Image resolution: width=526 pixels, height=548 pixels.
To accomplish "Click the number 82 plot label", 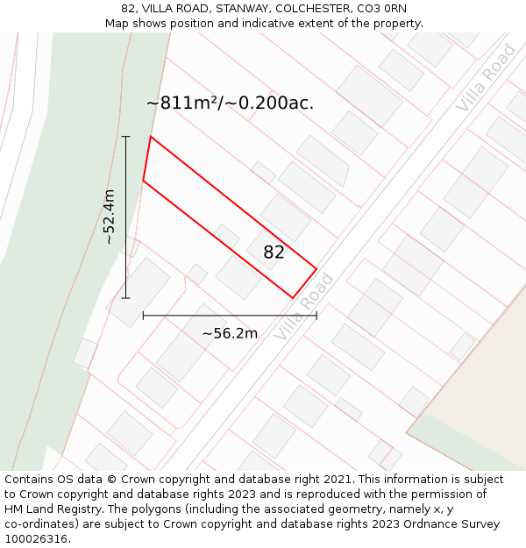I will [274, 253].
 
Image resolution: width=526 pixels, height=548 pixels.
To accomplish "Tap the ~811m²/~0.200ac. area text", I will [230, 103].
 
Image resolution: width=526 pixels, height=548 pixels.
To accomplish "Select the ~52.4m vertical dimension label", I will [109, 217].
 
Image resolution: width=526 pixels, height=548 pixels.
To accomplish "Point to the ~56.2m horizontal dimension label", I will [230, 333].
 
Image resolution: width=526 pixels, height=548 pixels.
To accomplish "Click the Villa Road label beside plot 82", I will [304, 307].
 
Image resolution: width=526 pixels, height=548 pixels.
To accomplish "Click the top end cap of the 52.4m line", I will [125, 137].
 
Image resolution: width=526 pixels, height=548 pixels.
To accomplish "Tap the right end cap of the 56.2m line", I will [316, 316].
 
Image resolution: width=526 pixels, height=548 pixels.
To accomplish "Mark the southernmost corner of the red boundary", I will [294, 298].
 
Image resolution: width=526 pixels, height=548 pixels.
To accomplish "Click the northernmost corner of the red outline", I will [151, 137].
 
